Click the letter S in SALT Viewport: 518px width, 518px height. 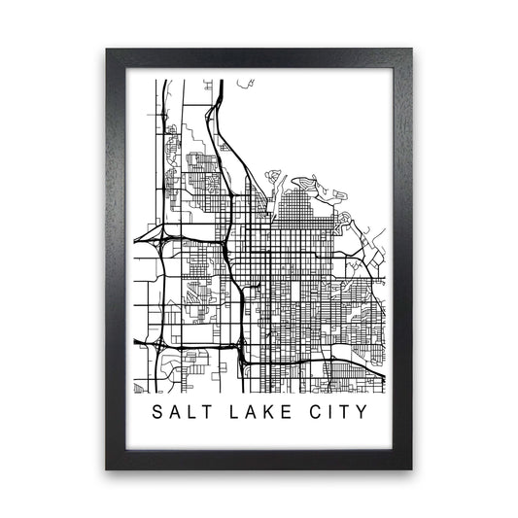[x=158, y=410]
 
